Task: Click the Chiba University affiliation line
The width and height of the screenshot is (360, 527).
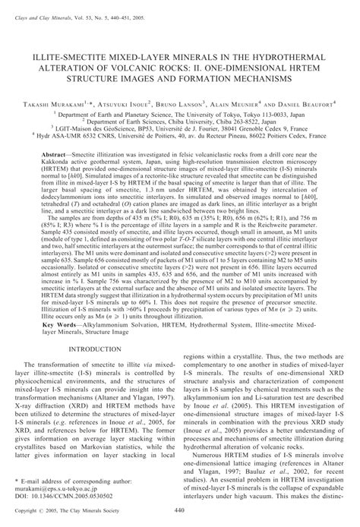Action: [x=180, y=120]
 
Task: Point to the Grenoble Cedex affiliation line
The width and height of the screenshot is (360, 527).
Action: [x=180, y=128]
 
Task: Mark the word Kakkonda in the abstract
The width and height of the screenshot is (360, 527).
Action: [x=61, y=161]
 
